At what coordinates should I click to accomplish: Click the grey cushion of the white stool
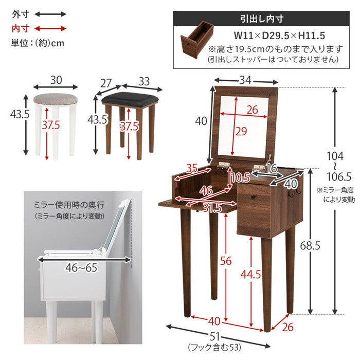56,97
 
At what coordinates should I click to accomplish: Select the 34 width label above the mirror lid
245,80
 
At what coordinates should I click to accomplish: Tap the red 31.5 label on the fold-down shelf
211,208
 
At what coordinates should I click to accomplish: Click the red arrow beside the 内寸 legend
51,28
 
